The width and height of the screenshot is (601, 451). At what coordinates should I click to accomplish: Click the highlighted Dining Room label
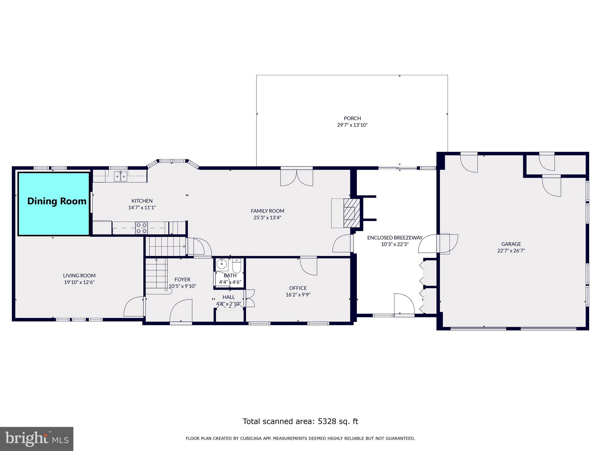pos(57,201)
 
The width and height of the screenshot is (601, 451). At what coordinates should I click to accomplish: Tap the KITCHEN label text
pos(142,201)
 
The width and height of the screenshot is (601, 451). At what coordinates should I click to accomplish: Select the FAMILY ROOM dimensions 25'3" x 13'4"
pos(267,218)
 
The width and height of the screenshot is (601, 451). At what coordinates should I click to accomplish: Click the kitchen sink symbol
pos(120,176)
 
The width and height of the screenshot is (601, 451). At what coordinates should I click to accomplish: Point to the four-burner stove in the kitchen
pos(141,228)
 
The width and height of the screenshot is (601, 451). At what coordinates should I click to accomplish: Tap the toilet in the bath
pos(236,266)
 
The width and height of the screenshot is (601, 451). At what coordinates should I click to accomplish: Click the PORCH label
pos(352,118)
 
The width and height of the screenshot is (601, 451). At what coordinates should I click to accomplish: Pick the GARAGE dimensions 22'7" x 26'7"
pos(511,251)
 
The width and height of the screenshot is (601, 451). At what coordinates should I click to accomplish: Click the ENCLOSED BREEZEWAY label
pos(395,238)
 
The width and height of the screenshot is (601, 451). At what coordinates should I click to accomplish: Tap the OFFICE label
pos(298,288)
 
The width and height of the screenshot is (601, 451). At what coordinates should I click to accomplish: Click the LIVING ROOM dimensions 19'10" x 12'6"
pos(79,282)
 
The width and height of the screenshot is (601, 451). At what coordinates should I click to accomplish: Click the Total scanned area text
pos(300,422)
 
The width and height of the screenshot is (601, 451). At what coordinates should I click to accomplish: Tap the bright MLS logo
pos(37,439)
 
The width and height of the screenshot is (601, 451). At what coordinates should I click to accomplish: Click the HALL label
pos(229,297)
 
